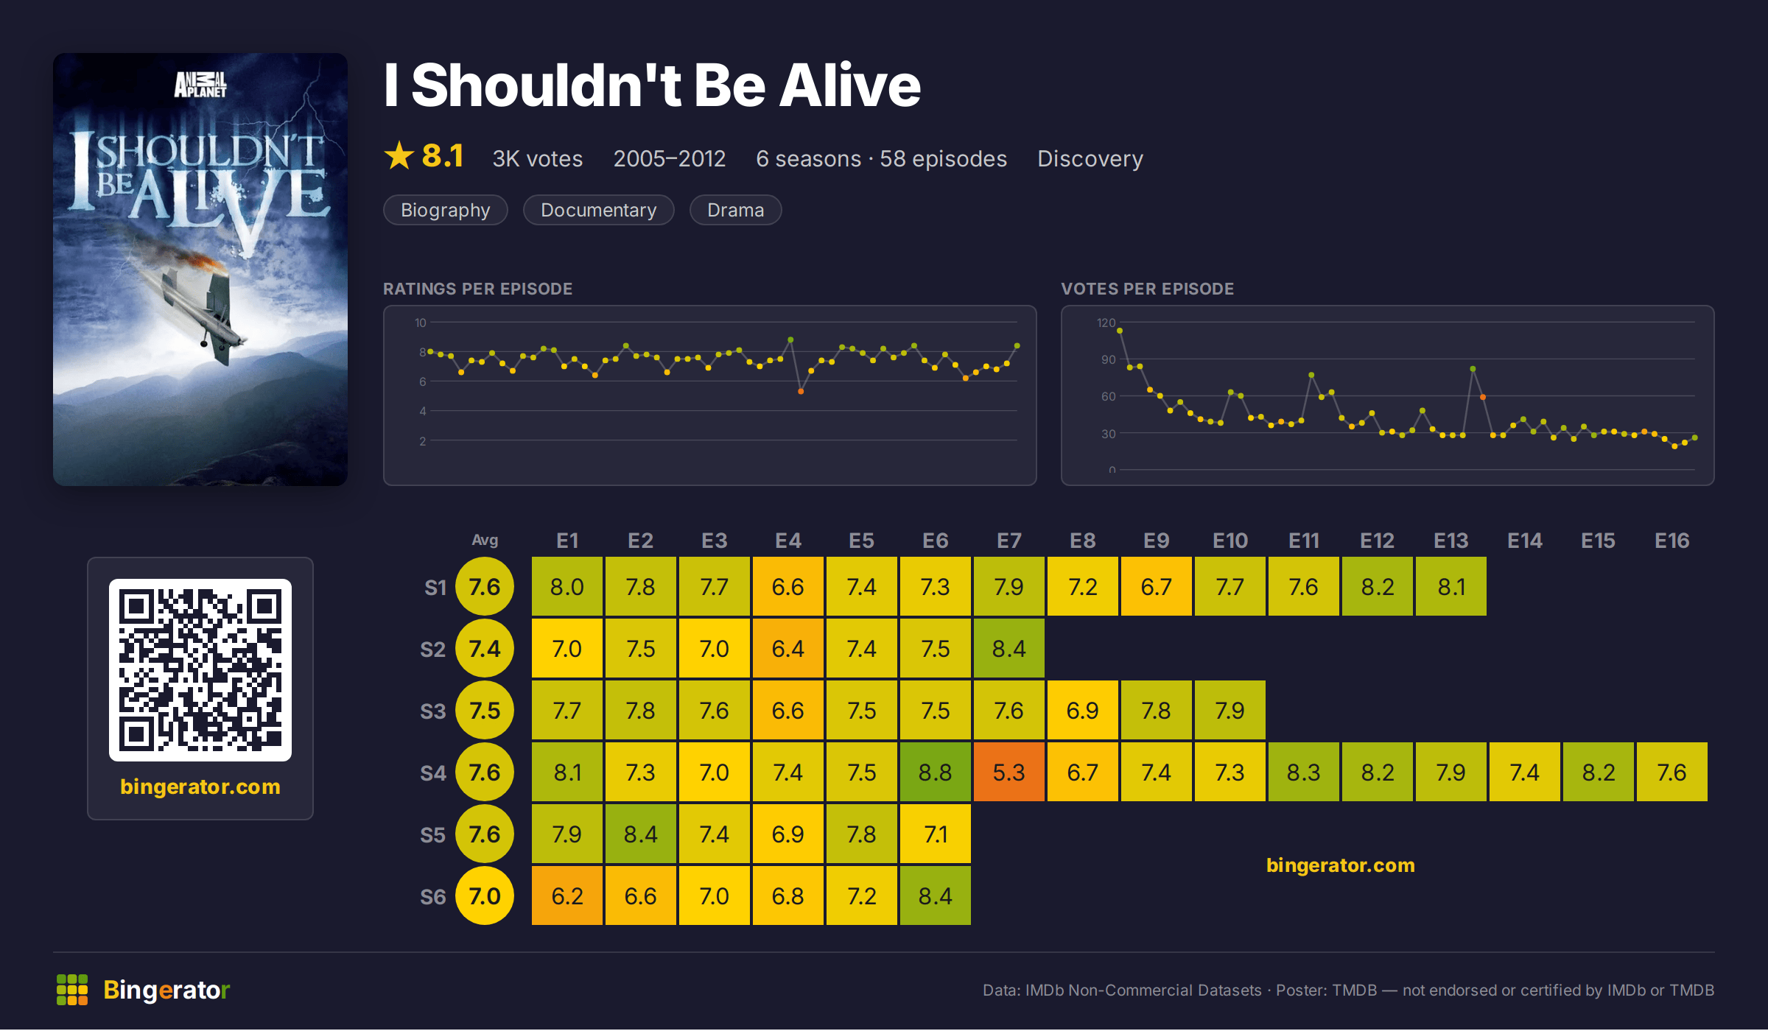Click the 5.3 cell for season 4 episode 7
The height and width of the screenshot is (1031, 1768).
1008,772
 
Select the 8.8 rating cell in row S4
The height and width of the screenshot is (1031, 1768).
935,772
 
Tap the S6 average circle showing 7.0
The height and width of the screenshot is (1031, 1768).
485,895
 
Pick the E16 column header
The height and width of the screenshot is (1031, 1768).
1671,541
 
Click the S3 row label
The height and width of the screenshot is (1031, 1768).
433,711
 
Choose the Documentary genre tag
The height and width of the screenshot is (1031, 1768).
598,210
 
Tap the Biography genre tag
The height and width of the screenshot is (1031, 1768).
445,210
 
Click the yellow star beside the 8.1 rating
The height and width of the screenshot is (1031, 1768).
399,155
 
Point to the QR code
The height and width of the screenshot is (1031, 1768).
200,670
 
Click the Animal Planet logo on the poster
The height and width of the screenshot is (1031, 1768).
200,85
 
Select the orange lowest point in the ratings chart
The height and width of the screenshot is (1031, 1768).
801,391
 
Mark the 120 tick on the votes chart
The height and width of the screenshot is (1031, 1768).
1106,323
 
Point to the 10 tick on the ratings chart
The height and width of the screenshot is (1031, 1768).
420,323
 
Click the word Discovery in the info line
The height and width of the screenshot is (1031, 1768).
1090,158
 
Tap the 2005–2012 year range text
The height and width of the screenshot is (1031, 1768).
670,158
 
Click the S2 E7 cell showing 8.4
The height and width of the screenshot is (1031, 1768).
1008,648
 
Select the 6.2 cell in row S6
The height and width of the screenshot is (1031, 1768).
566,895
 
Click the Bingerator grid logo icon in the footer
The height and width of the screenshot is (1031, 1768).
72,990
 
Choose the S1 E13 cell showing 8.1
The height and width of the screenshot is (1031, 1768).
1450,586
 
